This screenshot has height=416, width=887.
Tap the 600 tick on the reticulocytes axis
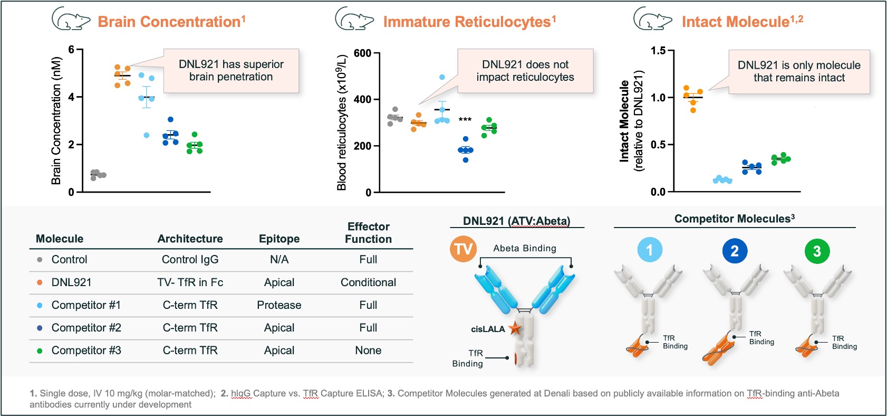point(362,53)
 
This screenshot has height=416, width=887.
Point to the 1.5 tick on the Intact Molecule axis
point(658,51)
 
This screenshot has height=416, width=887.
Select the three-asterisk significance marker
point(465,120)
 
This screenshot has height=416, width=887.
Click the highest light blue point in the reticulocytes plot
point(442,77)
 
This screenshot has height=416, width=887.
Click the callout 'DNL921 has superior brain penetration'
point(231,71)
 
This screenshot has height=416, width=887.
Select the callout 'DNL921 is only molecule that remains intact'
point(799,72)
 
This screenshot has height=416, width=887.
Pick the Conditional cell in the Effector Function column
point(368,282)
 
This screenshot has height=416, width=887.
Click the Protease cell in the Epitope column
point(279,305)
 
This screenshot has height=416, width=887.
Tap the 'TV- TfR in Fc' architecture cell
point(190,282)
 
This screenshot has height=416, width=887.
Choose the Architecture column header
point(190,239)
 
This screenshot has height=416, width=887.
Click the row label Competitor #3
point(86,351)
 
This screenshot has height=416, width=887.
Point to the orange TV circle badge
point(463,249)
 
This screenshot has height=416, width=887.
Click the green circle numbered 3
point(817,251)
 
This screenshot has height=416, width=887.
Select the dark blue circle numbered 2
point(735,251)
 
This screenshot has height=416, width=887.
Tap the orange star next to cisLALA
point(515,328)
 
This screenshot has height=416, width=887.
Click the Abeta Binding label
point(525,248)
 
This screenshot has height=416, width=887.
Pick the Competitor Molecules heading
point(734,219)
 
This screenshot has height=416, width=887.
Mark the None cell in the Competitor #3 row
point(368,351)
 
